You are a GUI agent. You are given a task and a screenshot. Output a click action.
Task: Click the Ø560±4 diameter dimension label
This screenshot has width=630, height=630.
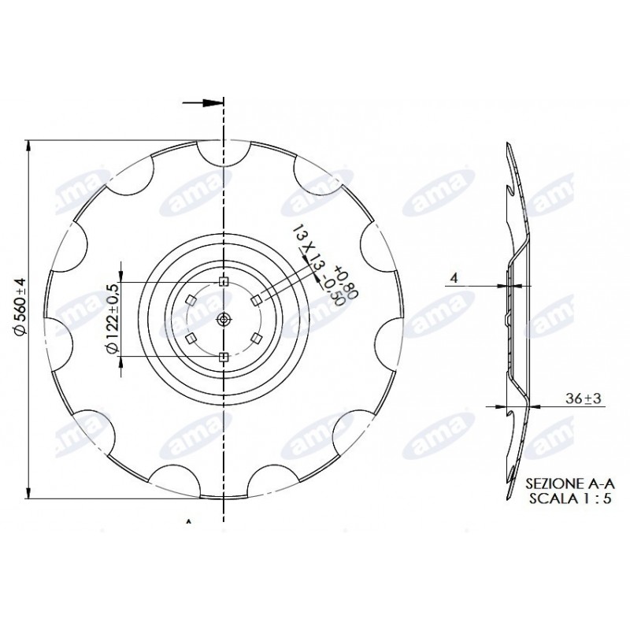20,306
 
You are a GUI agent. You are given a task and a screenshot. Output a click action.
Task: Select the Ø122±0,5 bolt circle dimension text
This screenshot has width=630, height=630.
112,319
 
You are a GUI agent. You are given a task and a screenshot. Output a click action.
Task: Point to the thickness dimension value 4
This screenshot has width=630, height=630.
454,278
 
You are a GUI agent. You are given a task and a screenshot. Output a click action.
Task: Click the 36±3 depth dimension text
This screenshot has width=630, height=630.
584,398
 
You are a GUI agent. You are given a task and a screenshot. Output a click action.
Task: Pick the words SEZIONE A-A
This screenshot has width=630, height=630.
569,483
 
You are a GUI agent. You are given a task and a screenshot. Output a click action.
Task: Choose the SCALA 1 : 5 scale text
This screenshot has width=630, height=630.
569,498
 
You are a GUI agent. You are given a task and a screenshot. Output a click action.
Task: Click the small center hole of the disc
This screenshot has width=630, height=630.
224,320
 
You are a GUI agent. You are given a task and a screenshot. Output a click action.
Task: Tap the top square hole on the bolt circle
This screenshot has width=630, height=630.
224,282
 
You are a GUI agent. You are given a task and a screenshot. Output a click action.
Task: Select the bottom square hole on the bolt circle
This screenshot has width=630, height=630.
224,357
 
